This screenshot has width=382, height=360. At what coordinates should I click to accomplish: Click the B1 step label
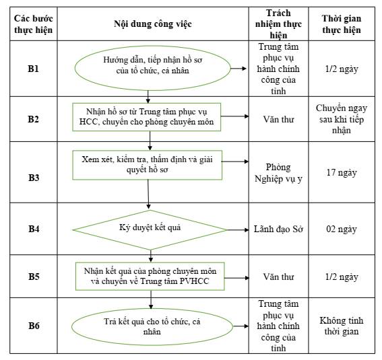pyautogui.click(x=34, y=69)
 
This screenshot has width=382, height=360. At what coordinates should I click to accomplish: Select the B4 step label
pyautogui.click(x=34, y=229)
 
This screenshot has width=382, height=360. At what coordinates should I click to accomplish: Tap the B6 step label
pyautogui.click(x=34, y=326)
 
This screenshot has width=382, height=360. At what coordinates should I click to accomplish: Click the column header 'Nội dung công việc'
pyautogui.click(x=153, y=24)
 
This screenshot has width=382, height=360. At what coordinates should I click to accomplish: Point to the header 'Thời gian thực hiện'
pyautogui.click(x=342, y=24)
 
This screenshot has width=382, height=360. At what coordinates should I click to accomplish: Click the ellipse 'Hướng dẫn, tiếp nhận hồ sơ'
pyautogui.click(x=152, y=68)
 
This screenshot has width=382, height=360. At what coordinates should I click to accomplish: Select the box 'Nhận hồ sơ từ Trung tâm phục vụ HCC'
pyautogui.click(x=146, y=117)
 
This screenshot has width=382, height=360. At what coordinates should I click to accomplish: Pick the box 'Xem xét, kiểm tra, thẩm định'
pyautogui.click(x=147, y=165)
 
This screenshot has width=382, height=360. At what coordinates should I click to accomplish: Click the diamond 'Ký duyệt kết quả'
pyautogui.click(x=150, y=230)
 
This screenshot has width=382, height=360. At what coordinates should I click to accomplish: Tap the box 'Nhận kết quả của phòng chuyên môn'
pyautogui.click(x=150, y=277)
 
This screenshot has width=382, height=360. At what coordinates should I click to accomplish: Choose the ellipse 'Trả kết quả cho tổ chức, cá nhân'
pyautogui.click(x=152, y=326)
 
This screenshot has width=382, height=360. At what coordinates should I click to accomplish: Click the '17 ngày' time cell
pyautogui.click(x=342, y=172)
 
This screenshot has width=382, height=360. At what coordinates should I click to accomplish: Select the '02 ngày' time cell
pyautogui.click(x=342, y=229)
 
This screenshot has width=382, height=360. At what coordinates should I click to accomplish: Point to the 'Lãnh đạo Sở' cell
pyautogui.click(x=278, y=229)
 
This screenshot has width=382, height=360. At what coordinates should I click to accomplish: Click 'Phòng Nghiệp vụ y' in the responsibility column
pyautogui.click(x=278, y=173)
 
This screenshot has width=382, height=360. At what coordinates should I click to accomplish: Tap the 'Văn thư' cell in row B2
pyautogui.click(x=278, y=119)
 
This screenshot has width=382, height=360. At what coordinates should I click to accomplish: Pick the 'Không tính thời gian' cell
pyautogui.click(x=342, y=326)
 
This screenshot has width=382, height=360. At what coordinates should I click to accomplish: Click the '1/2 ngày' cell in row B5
pyautogui.click(x=342, y=277)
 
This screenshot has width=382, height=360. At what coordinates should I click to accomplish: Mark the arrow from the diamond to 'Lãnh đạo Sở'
pyautogui.click(x=238, y=230)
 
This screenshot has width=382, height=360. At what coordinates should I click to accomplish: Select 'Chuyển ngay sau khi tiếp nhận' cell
pyautogui.click(x=342, y=119)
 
